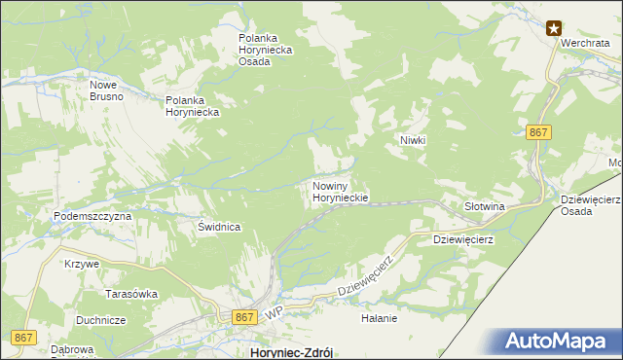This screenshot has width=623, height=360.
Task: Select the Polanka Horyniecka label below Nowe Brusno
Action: pos(192,106)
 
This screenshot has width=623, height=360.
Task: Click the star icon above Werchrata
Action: pos(554,28)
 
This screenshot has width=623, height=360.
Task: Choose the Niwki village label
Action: pos(414,140)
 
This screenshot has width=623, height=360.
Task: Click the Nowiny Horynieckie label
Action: pos(340,191)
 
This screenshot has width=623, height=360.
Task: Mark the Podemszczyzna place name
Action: pos(92,216)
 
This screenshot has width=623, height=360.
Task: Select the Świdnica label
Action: pos(218,227)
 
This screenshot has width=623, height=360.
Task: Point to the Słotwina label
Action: pos(484,207)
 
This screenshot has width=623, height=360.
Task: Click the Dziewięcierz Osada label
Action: pos(592,206)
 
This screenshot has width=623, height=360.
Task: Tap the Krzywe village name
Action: pos(82,264)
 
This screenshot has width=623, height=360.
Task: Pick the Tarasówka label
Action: pos(132,293)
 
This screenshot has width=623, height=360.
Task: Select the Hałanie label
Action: pos(380,318)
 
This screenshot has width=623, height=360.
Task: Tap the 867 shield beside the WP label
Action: pos(244,317)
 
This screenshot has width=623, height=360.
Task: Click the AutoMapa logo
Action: pos(558,342)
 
